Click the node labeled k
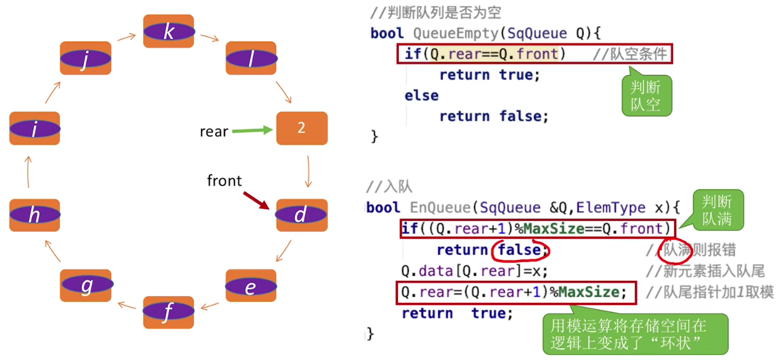tap(168, 31)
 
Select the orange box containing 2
tap(301, 128)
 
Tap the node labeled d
tap(301, 215)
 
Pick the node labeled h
tap(35, 215)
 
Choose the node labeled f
tap(168, 312)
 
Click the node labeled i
tap(35, 128)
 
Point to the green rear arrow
tap(252, 130)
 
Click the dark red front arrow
tap(256, 200)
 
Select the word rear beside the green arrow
tap(214, 132)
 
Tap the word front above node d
tap(224, 181)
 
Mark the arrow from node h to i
tap(29, 172)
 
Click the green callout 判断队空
tap(646, 96)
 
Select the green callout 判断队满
tap(717, 210)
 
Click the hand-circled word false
tap(519, 250)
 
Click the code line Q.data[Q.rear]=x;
tap(474, 271)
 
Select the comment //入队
tap(389, 186)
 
